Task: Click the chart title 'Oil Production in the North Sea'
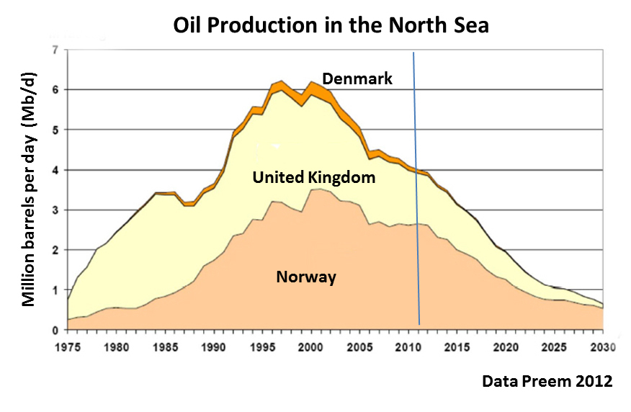pos(331,24)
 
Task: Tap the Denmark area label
pos(357,79)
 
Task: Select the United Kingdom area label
pos(314,176)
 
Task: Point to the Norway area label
pos(306,277)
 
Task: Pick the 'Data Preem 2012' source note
pos(547,382)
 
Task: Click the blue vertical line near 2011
pos(416,187)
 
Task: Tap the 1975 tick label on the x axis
pos(68,346)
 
